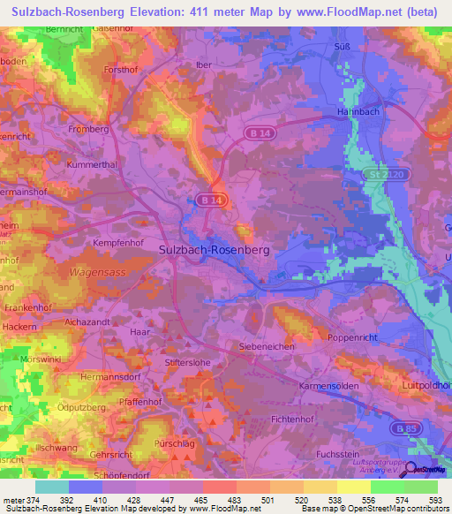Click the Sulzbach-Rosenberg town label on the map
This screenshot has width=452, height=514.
pyautogui.click(x=214, y=250)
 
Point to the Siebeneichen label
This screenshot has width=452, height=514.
pyautogui.click(x=267, y=346)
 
